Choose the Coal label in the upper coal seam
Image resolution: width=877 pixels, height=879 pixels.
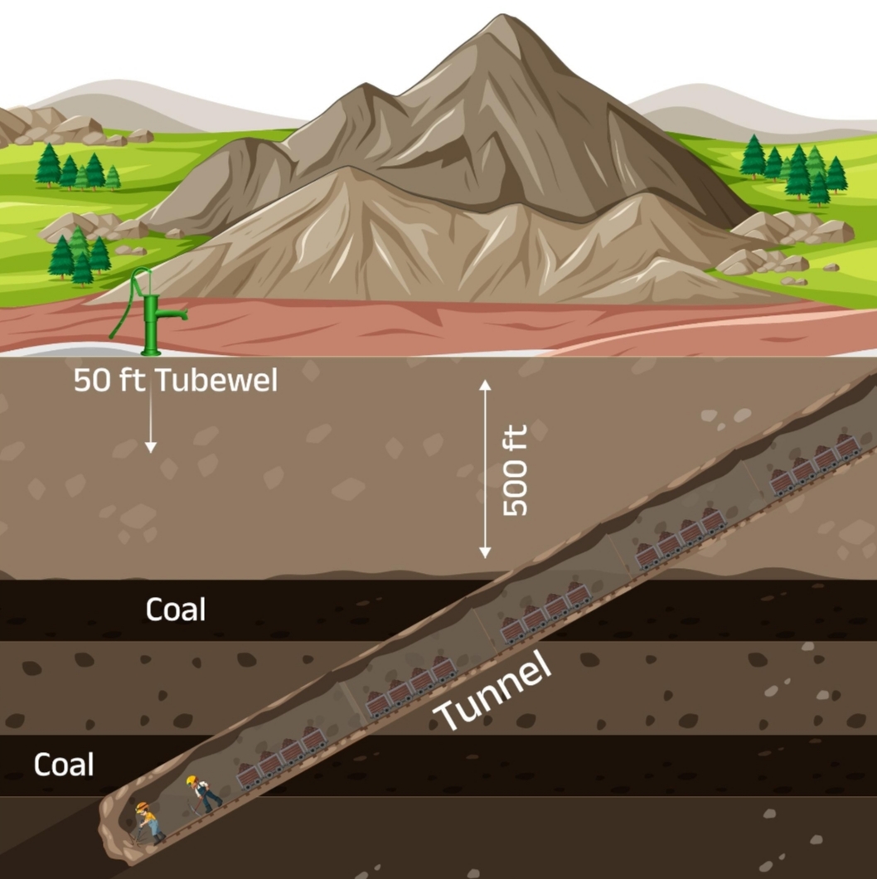coord(176,609)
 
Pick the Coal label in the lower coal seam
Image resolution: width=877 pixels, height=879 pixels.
coord(64,764)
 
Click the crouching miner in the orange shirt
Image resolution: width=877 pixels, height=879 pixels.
coord(148,821)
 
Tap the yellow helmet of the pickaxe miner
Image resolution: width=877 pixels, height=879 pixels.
coord(191,780)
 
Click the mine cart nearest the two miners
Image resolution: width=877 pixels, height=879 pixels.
coord(250,775)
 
